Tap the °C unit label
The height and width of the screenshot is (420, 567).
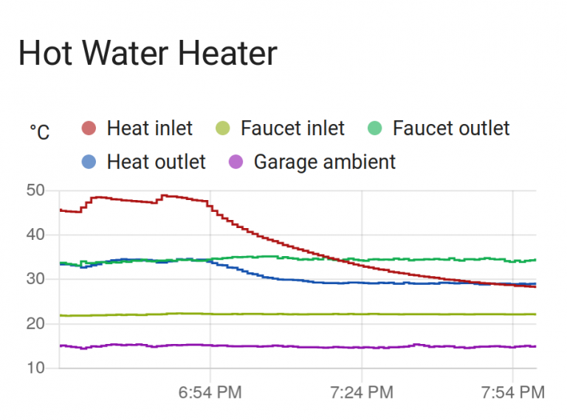[40, 132]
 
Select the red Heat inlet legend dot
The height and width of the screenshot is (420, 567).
[89, 128]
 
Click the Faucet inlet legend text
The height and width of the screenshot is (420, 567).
[292, 128]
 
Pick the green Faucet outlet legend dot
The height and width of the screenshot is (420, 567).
[375, 128]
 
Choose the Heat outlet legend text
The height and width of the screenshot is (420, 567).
[156, 162]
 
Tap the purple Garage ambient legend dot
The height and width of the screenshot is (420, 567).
[236, 162]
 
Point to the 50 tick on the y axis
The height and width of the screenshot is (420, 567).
[35, 190]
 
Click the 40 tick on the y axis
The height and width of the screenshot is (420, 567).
[35, 235]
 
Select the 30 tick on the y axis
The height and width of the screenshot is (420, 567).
[35, 279]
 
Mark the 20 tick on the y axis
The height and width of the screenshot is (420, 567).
[35, 323]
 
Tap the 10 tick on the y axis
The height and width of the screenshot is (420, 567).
[35, 368]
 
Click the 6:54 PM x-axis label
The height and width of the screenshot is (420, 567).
[210, 392]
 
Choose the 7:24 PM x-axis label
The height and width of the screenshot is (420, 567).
[362, 392]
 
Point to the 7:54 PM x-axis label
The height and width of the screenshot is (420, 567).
[513, 392]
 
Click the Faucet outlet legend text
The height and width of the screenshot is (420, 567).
[451, 128]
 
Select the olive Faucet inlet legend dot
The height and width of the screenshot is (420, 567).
[223, 128]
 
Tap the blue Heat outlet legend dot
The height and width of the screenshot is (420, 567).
[89, 162]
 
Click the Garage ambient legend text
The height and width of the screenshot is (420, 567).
[325, 162]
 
